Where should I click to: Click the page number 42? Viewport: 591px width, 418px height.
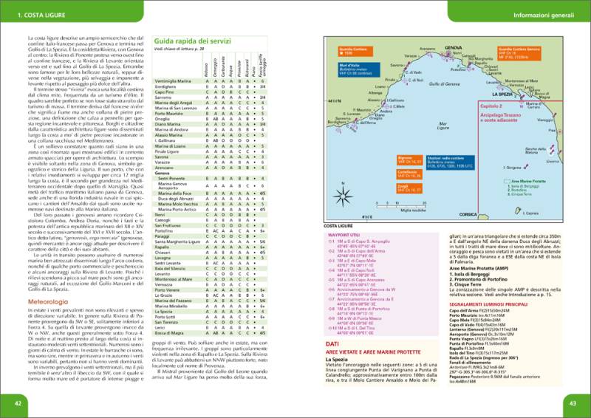click(17, 402)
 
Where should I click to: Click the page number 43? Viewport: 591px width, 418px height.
click(573, 402)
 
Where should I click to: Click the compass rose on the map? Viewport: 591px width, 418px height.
click(344, 196)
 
